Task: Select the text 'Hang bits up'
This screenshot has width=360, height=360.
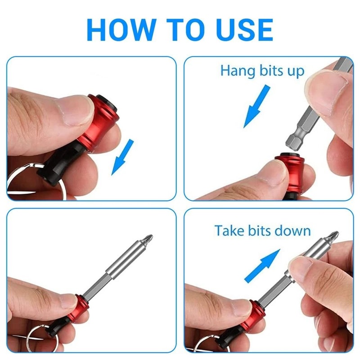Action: pos(262,71)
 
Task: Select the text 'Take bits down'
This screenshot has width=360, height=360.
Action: pos(262,231)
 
